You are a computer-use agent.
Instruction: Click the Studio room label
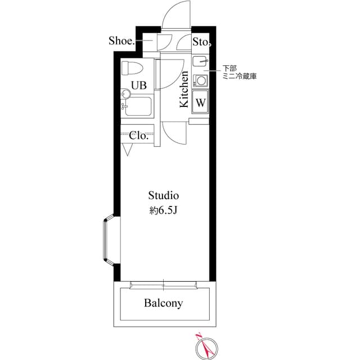[164, 195]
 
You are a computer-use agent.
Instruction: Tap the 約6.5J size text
[164, 210]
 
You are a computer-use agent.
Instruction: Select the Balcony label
[164, 303]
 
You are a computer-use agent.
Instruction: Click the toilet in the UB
[132, 68]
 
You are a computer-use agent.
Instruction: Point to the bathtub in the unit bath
[138, 106]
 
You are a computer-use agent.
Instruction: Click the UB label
[139, 85]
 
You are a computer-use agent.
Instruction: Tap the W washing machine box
[200, 102]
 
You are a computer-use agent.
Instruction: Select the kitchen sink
[200, 61]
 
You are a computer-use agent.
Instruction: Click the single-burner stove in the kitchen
[200, 81]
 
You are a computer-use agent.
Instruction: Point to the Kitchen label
[184, 89]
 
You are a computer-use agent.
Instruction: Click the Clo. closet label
[139, 136]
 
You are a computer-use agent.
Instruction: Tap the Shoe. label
[121, 41]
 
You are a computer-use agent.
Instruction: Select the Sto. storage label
[201, 42]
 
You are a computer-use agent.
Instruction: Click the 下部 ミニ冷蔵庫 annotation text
[239, 73]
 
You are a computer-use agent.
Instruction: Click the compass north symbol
[206, 348]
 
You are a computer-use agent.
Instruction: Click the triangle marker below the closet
[128, 150]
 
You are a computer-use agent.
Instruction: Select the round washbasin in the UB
[126, 93]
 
